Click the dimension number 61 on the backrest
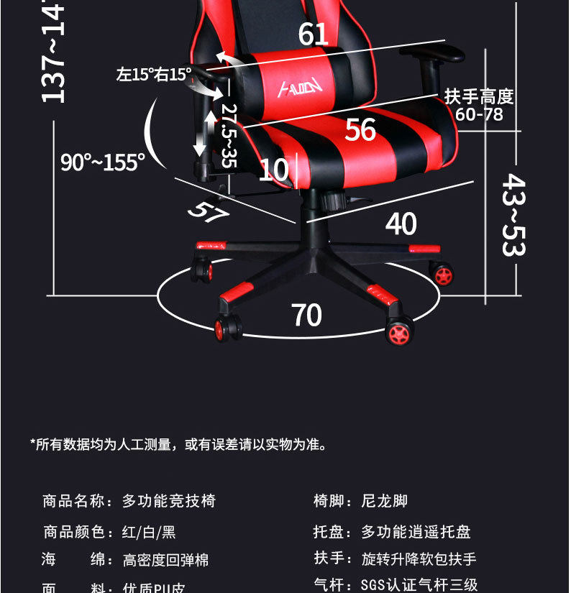(314, 34)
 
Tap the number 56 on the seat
(360, 129)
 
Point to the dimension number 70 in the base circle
(306, 315)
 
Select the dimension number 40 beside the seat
(401, 224)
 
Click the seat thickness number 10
(273, 170)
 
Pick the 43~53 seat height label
(513, 214)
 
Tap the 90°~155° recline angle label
(103, 162)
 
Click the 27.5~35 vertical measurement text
(229, 135)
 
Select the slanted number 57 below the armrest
(208, 210)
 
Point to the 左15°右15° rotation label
(154, 74)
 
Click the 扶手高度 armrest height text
(479, 96)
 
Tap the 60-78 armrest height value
(479, 114)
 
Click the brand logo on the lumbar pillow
(301, 88)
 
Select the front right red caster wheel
(398, 331)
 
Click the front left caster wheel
(227, 328)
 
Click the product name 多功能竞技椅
(169, 501)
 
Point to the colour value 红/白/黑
(149, 532)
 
